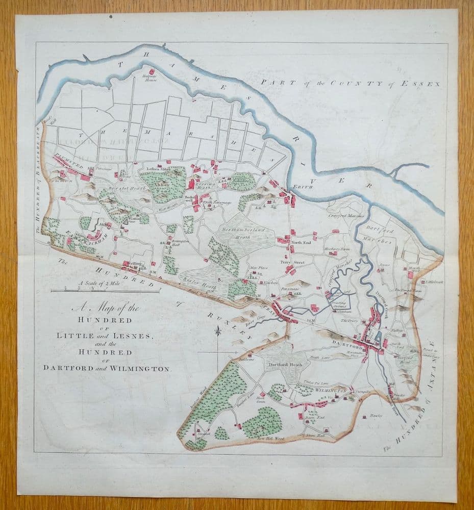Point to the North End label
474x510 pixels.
click(x=301, y=242)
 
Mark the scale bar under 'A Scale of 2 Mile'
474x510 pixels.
click(x=105, y=291)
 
